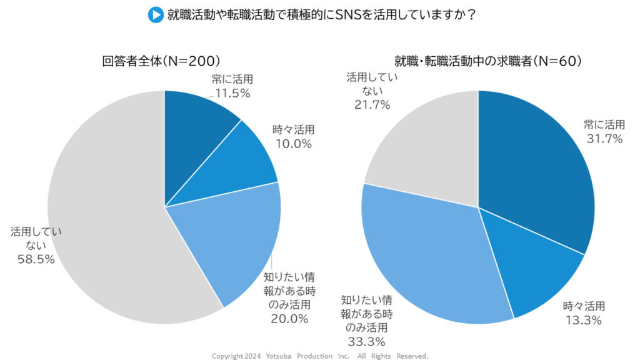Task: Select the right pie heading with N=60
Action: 488,61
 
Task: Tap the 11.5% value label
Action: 232,94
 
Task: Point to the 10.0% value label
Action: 294,144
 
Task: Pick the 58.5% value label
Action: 36,259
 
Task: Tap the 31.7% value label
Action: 603,139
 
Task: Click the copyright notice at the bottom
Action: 320,356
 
